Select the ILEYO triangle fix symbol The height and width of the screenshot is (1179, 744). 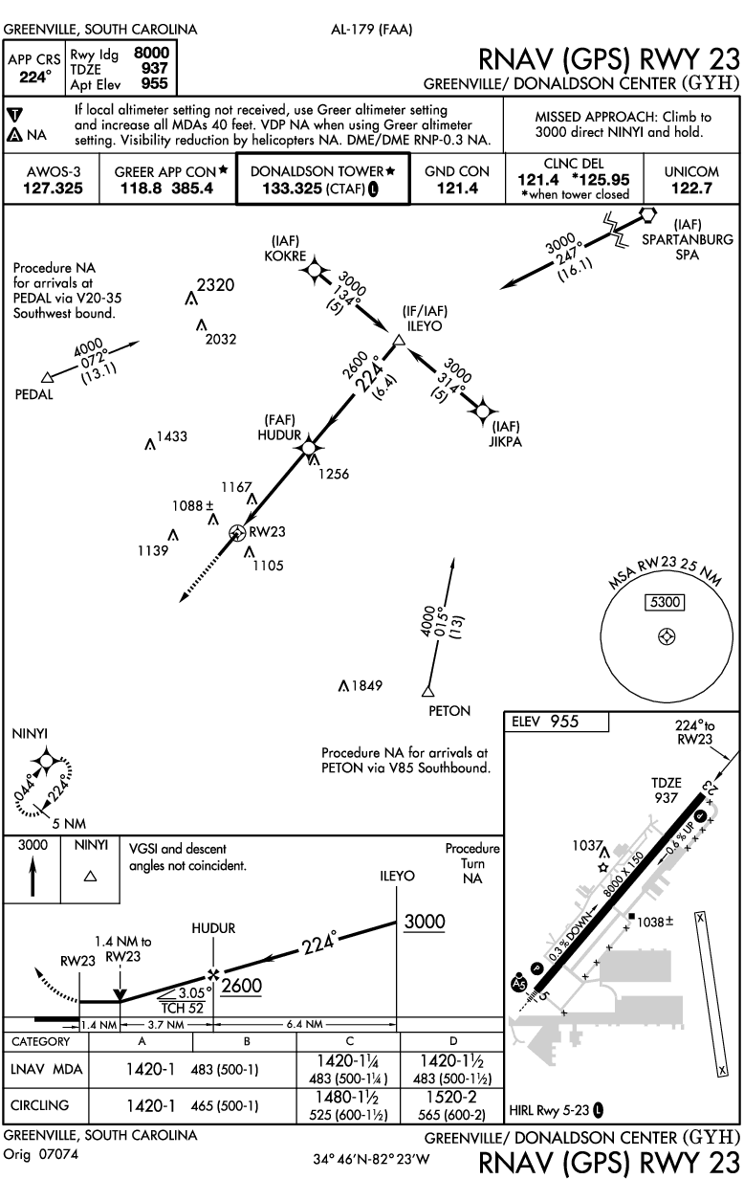point(401,340)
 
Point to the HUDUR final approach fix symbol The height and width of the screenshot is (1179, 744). point(308,447)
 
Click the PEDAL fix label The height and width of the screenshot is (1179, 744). point(34,393)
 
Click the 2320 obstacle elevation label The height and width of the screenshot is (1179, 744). point(216,284)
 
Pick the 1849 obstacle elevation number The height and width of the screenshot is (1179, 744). point(366,685)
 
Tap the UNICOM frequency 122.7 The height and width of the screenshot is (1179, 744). point(695,189)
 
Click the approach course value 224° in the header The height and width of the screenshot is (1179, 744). point(33,78)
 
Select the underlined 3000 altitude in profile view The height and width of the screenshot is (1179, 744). point(424,922)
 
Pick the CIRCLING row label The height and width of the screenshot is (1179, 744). point(40,1105)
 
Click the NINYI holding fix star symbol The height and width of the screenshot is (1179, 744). point(43,763)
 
